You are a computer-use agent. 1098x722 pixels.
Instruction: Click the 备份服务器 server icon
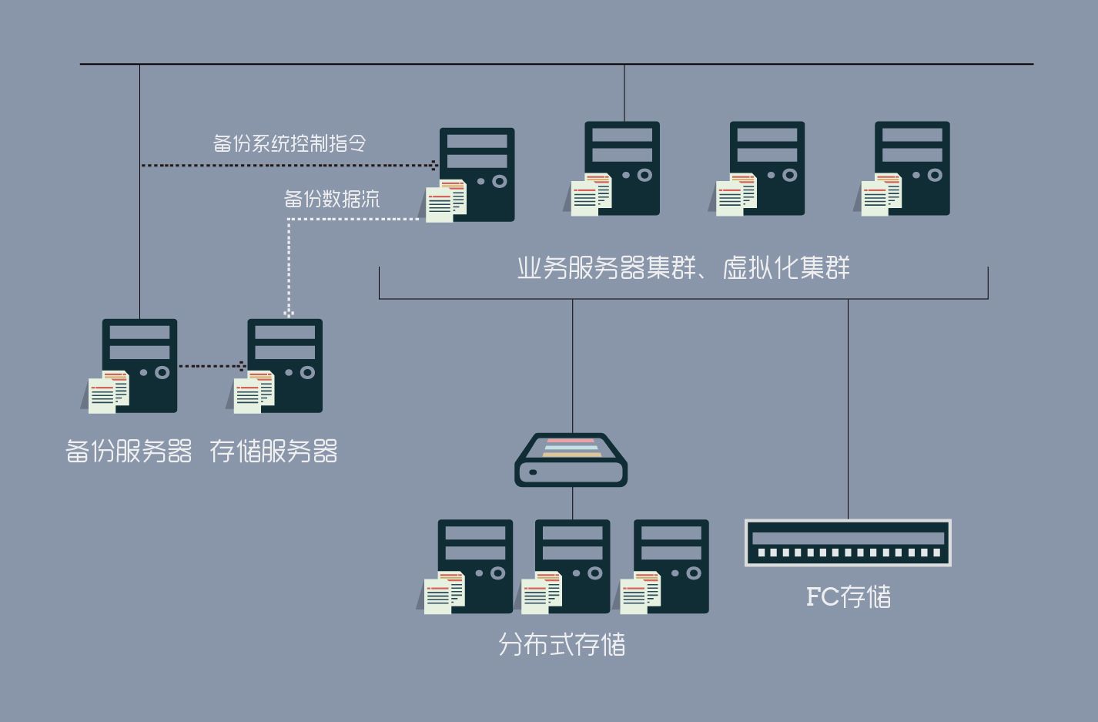(x=139, y=365)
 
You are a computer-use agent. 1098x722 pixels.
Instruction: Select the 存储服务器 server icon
(x=284, y=365)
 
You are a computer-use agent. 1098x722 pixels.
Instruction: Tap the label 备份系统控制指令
(x=290, y=143)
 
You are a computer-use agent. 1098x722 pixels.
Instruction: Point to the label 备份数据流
(x=332, y=200)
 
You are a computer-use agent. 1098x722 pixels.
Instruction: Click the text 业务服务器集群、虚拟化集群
(x=683, y=268)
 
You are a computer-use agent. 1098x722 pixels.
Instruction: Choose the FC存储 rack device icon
(x=848, y=542)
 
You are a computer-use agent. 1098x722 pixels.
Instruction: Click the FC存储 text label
(x=848, y=596)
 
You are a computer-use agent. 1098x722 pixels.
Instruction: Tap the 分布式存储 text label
(x=562, y=644)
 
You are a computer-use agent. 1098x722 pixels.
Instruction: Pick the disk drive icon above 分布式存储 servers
(x=571, y=460)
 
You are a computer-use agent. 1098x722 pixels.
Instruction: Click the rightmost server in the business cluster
(x=912, y=168)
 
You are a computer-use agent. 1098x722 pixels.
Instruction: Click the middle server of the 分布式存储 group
(x=572, y=566)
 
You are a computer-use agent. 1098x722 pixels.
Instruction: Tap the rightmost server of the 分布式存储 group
(x=671, y=566)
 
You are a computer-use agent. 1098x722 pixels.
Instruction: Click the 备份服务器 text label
(x=129, y=452)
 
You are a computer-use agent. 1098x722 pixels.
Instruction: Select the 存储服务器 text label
(x=273, y=452)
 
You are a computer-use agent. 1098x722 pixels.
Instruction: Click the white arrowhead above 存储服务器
(x=289, y=313)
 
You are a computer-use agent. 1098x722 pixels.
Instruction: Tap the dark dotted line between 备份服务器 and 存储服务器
(x=210, y=366)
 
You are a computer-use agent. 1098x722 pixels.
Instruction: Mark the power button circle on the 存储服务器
(x=307, y=373)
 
